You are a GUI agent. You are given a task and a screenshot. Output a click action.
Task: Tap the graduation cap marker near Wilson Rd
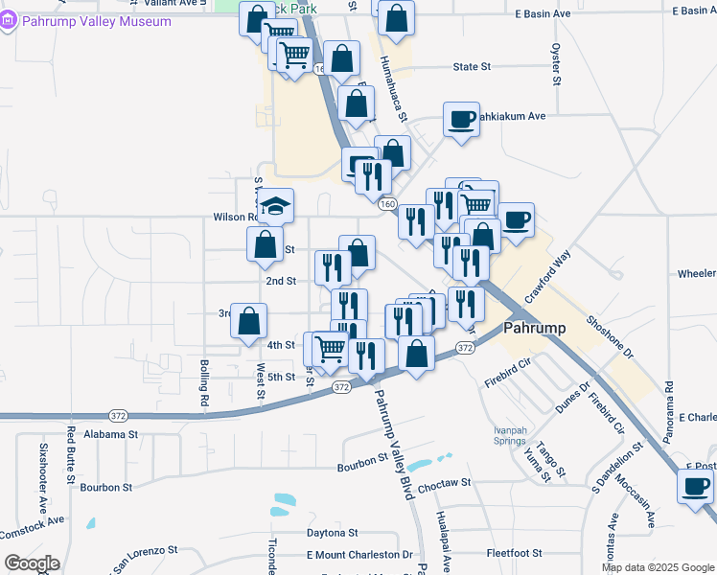(275, 205)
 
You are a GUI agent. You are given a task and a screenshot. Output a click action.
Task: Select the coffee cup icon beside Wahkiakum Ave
(461, 119)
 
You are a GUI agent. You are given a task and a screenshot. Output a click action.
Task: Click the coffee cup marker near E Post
(695, 485)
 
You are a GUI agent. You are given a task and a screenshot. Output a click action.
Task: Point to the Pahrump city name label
(534, 327)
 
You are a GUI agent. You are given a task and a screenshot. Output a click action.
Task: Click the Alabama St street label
(111, 434)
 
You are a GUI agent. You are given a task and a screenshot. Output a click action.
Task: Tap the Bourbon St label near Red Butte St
(105, 487)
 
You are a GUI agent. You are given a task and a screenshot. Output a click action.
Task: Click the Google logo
(31, 563)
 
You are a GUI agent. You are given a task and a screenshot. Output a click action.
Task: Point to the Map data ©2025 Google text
(657, 567)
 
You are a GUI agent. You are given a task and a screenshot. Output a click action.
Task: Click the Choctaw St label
(444, 484)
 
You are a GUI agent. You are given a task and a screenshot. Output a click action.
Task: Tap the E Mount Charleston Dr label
(359, 555)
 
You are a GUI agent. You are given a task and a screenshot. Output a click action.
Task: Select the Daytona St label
(332, 532)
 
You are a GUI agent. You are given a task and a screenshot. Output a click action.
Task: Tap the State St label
(472, 67)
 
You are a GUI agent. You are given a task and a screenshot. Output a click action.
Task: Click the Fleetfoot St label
(515, 553)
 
